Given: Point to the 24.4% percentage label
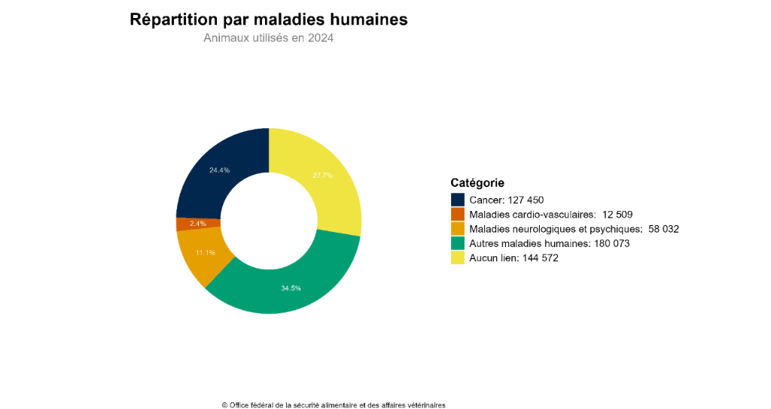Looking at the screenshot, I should (x=220, y=170).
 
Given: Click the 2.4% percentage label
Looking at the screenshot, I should (x=198, y=224).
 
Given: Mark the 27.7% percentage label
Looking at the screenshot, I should (x=322, y=176).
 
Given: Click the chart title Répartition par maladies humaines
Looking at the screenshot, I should (x=269, y=20).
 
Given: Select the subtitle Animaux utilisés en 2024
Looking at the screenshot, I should (x=268, y=38).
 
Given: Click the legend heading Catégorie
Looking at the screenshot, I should (x=477, y=182).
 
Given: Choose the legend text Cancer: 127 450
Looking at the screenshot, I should (x=506, y=200).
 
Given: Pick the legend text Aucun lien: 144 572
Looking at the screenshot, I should (x=513, y=258).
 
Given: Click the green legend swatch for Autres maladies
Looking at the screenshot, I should (x=458, y=243).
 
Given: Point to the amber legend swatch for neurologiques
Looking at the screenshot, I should (x=458, y=229).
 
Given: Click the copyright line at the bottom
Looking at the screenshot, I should (x=334, y=404).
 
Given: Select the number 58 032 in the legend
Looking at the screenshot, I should (x=663, y=229).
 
